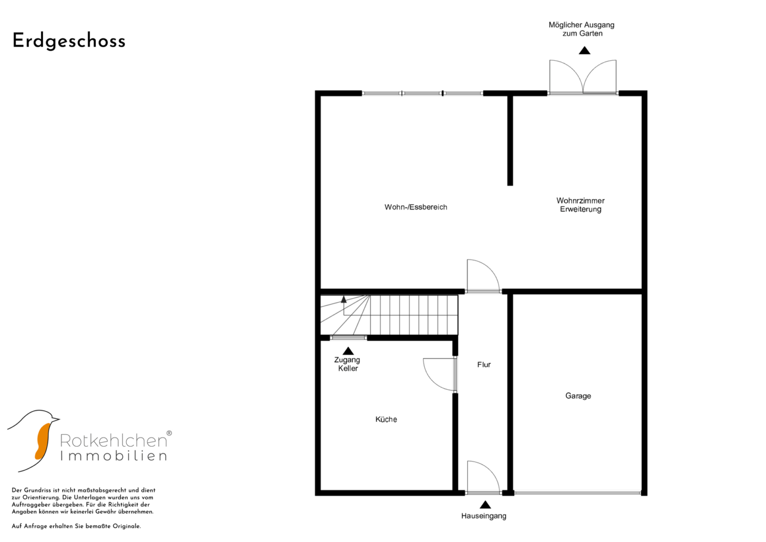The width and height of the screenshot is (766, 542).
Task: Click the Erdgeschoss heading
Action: tap(69, 41)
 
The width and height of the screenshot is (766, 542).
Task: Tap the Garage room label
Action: tap(578, 396)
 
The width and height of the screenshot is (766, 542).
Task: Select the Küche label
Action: tap(386, 419)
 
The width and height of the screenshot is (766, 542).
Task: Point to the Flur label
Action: tap(484, 365)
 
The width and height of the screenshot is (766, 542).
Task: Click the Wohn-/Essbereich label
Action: tap(416, 207)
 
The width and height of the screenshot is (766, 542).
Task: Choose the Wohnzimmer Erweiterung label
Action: tap(580, 205)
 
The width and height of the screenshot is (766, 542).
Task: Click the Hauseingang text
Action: tap(484, 516)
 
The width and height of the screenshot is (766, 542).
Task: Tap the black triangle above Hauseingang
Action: tap(485, 505)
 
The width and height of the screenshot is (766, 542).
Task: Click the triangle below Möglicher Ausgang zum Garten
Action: tap(584, 51)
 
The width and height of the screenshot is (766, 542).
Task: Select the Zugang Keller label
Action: tap(348, 364)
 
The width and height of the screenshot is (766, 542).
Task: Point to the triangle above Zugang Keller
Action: tap(348, 351)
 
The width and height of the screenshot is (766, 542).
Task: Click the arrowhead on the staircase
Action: tap(344, 300)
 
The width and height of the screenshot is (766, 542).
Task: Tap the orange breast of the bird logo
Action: tap(43, 441)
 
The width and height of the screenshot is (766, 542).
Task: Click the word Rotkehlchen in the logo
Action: tap(113, 441)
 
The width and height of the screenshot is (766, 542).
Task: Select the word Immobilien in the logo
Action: tap(113, 456)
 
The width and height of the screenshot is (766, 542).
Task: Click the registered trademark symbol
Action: tap(169, 433)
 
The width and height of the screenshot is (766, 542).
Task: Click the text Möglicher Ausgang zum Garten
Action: tap(582, 29)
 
